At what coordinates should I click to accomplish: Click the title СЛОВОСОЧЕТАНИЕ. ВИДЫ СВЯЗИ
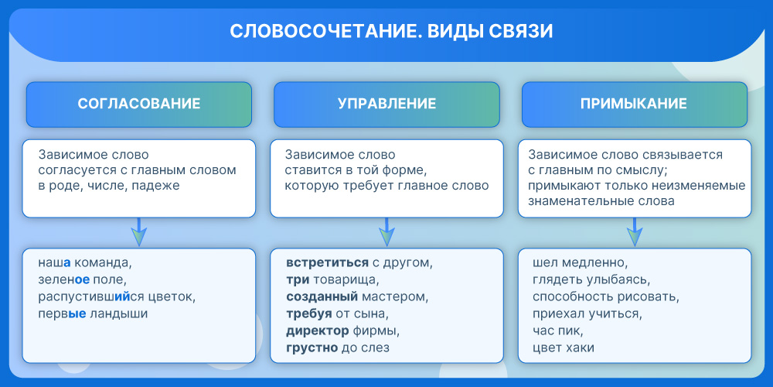click(391, 31)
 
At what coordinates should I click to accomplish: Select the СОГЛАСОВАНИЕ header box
click(139, 104)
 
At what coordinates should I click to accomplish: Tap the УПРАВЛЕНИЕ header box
click(386, 104)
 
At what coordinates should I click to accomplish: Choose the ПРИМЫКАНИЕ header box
click(635, 104)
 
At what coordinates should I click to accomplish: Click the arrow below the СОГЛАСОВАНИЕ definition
click(138, 232)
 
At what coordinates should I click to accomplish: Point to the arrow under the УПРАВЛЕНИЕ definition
click(386, 232)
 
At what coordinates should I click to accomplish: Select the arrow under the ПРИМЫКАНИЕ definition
click(635, 232)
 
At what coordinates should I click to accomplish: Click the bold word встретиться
click(327, 262)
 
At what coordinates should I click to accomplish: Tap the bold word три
click(298, 280)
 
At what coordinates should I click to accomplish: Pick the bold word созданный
click(322, 297)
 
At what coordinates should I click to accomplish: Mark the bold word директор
click(318, 330)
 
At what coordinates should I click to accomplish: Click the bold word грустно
click(312, 348)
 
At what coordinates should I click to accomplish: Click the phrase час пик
click(556, 330)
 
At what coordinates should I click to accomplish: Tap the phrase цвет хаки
click(563, 348)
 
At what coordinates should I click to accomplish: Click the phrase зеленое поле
click(83, 280)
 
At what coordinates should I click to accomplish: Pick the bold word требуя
click(308, 314)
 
